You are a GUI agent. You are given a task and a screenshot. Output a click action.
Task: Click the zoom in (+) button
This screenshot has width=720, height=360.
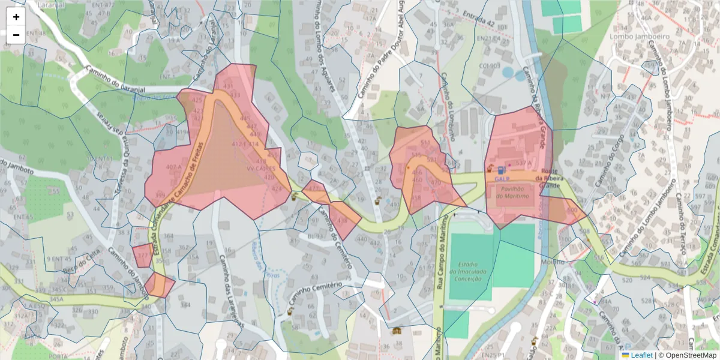click(x=16, y=17)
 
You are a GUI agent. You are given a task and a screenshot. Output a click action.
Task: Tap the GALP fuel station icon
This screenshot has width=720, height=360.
click(x=501, y=170)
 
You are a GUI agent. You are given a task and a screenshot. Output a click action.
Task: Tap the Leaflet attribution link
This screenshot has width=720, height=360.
click(x=641, y=355)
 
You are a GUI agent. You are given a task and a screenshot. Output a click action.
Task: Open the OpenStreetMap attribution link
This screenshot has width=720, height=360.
click(x=687, y=355)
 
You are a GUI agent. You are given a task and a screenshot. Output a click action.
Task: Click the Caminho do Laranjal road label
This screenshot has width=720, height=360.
click(x=115, y=77)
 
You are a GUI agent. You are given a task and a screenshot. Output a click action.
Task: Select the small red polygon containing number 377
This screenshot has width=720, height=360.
click(x=142, y=255)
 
